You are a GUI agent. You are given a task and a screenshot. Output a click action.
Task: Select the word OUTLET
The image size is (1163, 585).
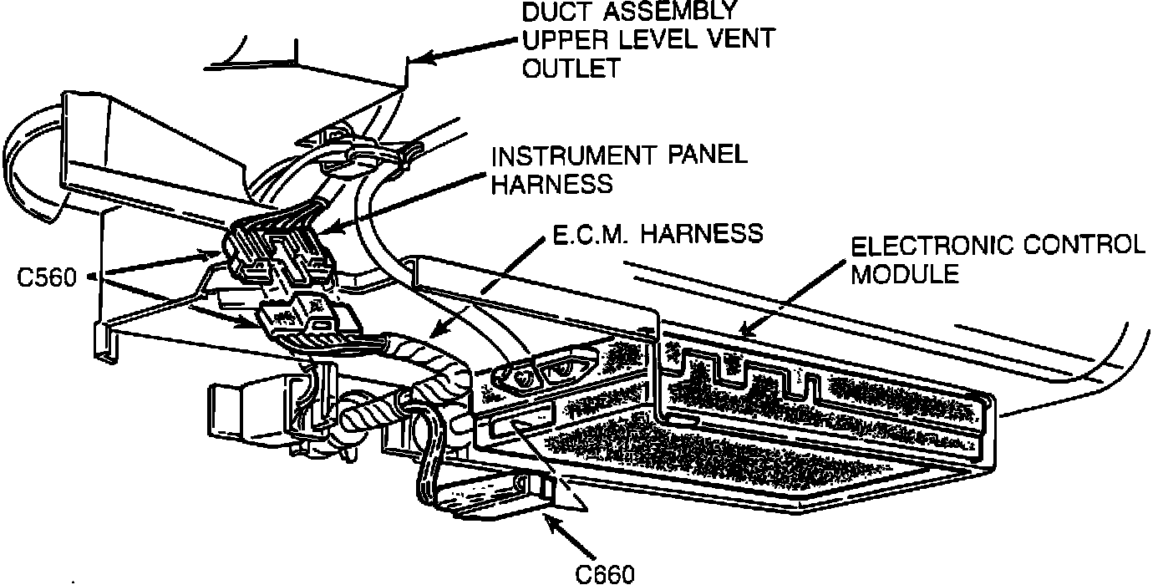click(x=571, y=67)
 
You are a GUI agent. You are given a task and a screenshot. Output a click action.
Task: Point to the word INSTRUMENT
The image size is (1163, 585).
click(x=569, y=156)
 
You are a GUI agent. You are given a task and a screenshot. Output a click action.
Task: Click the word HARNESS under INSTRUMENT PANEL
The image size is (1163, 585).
click(x=551, y=184)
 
